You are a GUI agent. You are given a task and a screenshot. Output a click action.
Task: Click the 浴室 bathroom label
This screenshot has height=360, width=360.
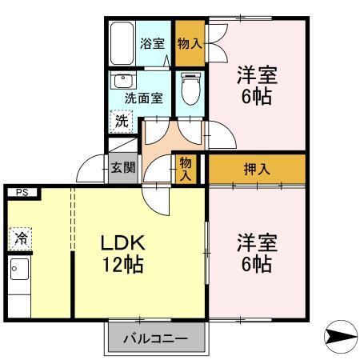(151, 45)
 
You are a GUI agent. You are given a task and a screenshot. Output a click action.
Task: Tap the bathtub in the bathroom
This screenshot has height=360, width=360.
(122, 44)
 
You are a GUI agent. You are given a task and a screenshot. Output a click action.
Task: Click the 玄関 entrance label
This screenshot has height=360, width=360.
(123, 169)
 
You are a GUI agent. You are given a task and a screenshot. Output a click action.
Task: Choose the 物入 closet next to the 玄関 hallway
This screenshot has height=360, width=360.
(186, 169)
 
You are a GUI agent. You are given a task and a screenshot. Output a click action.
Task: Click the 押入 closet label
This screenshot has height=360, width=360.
(256, 169)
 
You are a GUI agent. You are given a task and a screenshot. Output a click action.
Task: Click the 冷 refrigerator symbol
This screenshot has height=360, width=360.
(20, 238)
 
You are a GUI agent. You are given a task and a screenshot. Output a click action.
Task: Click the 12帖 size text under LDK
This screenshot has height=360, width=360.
(122, 265)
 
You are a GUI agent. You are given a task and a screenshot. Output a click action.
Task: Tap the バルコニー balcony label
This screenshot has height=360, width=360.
(155, 339)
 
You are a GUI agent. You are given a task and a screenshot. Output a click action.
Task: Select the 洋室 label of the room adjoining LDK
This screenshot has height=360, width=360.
(256, 242)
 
